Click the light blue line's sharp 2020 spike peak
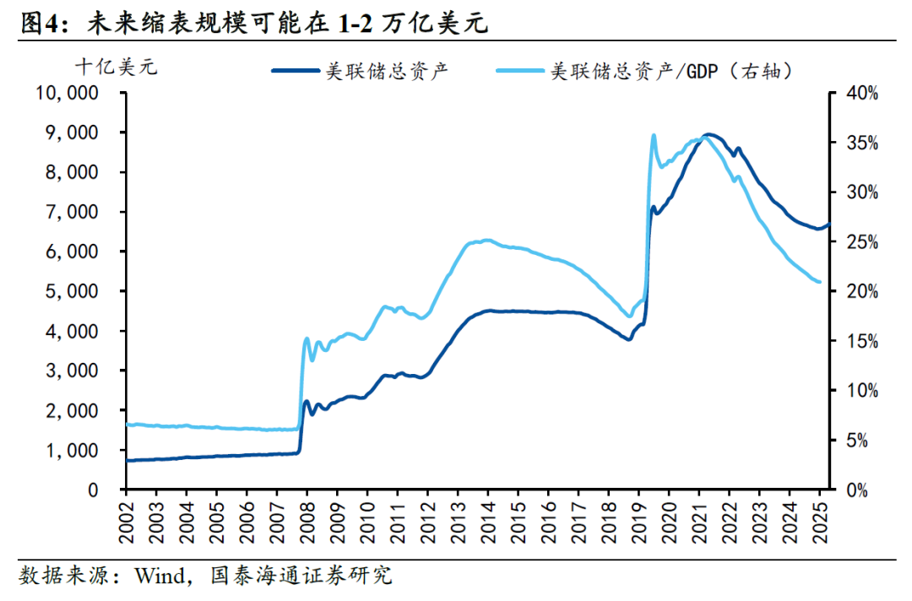click(654, 135)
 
